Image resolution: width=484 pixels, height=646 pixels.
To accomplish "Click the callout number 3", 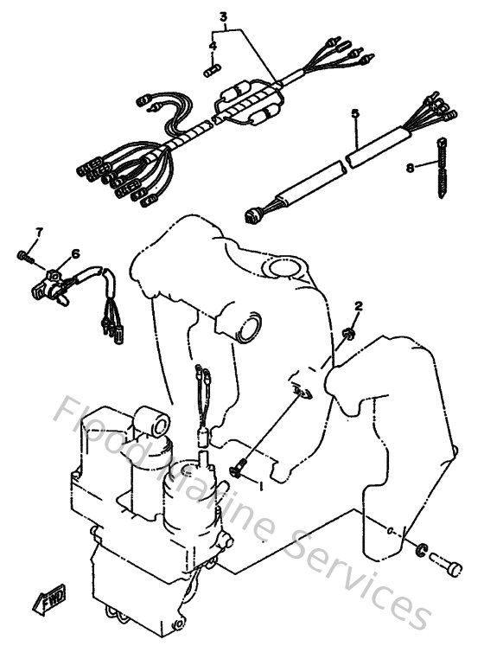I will pyautogui.click(x=223, y=16).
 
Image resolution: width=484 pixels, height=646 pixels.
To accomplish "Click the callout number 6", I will pyautogui.click(x=75, y=253).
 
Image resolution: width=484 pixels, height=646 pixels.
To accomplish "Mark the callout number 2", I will pyautogui.click(x=359, y=306).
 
